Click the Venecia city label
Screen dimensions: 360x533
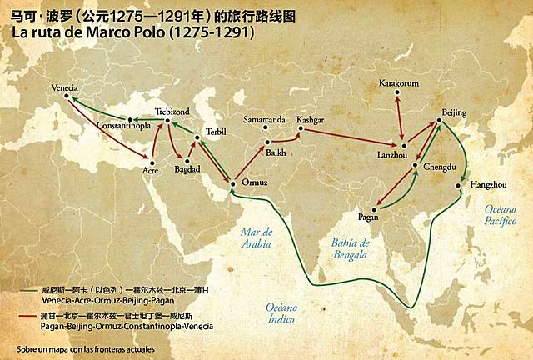click(x=66, y=87)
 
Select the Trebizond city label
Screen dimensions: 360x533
click(x=172, y=111)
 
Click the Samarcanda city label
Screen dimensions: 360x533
click(x=264, y=118)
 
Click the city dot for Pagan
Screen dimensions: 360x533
click(x=371, y=208)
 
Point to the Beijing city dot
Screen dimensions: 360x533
click(x=441, y=122)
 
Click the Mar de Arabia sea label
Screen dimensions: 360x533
click(x=256, y=237)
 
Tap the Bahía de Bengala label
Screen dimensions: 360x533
click(x=349, y=249)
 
